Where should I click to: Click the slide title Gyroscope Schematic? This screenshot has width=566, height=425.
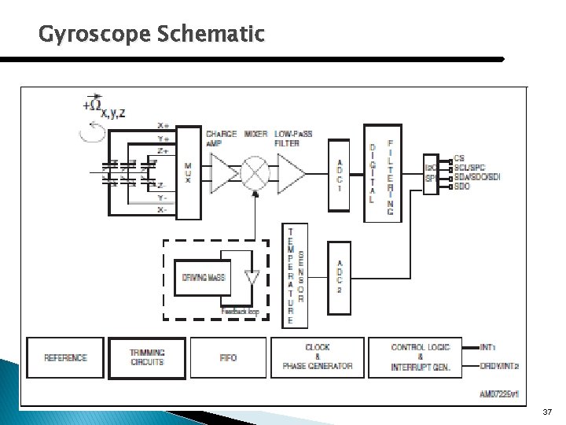pos(152,35)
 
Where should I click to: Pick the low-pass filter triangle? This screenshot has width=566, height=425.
pos(290,172)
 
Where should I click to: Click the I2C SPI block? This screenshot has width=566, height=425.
pos(431,172)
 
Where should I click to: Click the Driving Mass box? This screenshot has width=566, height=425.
pos(204,277)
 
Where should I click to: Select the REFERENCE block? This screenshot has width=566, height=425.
pos(65,357)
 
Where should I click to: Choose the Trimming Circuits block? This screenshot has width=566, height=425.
pos(147,357)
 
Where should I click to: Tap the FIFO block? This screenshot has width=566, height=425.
pos(228,357)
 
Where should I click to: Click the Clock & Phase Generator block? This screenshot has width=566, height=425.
pos(317,357)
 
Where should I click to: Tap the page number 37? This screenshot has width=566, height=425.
pos(547,412)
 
